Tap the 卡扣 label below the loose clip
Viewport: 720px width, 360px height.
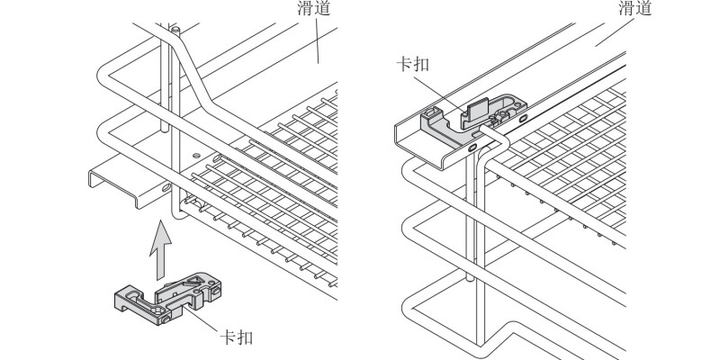pos(238,338)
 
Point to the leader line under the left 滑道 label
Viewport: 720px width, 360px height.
pos(317,41)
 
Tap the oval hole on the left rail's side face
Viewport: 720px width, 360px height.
pos(168,187)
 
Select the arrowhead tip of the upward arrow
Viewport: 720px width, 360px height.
pos(158,224)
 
